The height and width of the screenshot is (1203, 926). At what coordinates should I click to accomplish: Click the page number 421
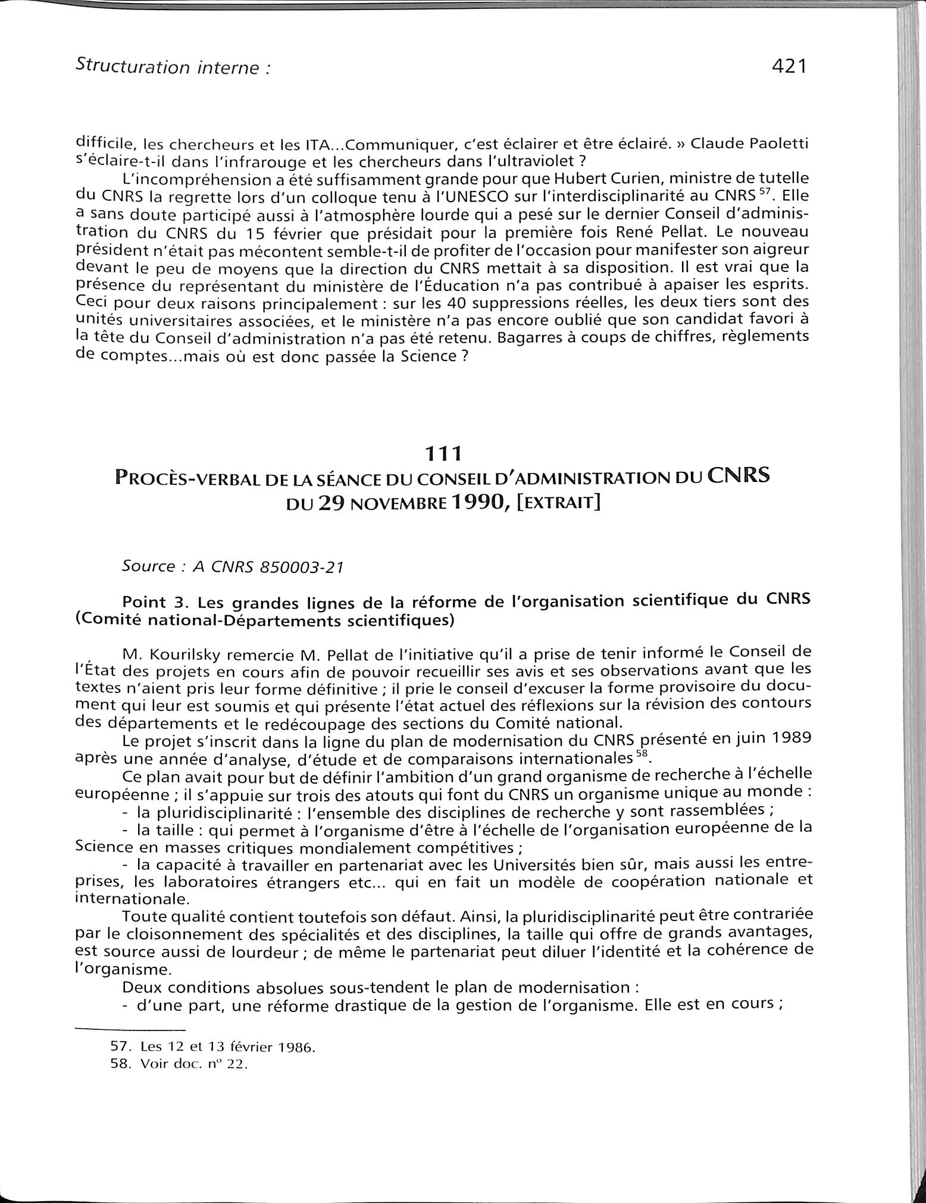pos(788,67)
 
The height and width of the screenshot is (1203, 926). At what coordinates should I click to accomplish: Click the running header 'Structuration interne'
pos(173,67)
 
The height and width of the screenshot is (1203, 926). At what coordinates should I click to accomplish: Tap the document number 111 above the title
pos(444,455)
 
